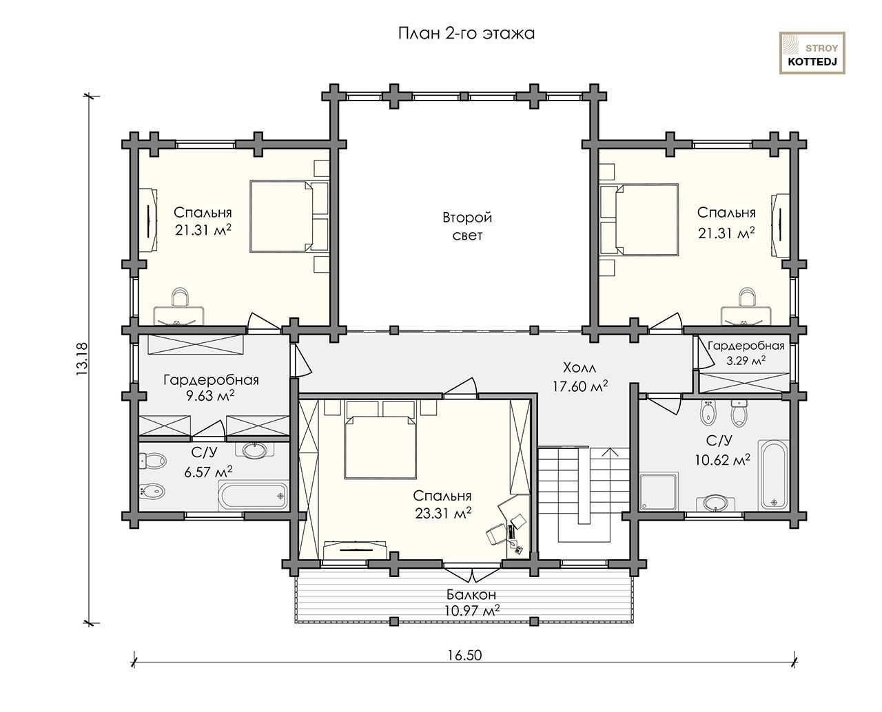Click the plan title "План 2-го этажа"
coord(466,34)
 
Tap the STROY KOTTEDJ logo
coord(812,53)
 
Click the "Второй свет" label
coord(467,227)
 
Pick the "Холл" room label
coord(580,368)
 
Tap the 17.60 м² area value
coord(580,386)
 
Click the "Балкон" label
coord(471,594)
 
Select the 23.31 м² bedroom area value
coord(443,514)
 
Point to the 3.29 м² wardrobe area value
coord(746,360)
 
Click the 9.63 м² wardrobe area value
coord(210,395)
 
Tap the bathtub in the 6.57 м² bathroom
coord(253,496)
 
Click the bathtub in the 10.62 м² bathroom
coord(773,474)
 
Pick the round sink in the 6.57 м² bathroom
coord(254,450)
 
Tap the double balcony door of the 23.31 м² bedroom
coord(473,572)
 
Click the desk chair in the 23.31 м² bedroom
coord(495,534)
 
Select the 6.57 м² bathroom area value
coord(208,472)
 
